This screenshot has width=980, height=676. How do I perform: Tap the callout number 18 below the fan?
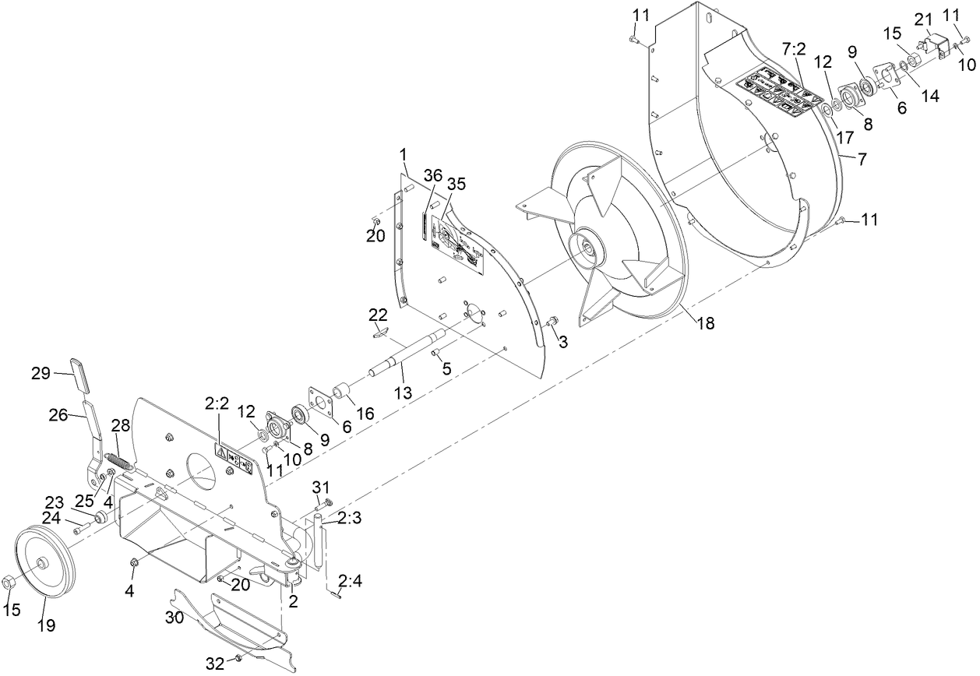coord(705,323)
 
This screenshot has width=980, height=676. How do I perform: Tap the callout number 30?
coord(174,617)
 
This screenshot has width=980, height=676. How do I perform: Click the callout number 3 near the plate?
coord(562,341)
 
